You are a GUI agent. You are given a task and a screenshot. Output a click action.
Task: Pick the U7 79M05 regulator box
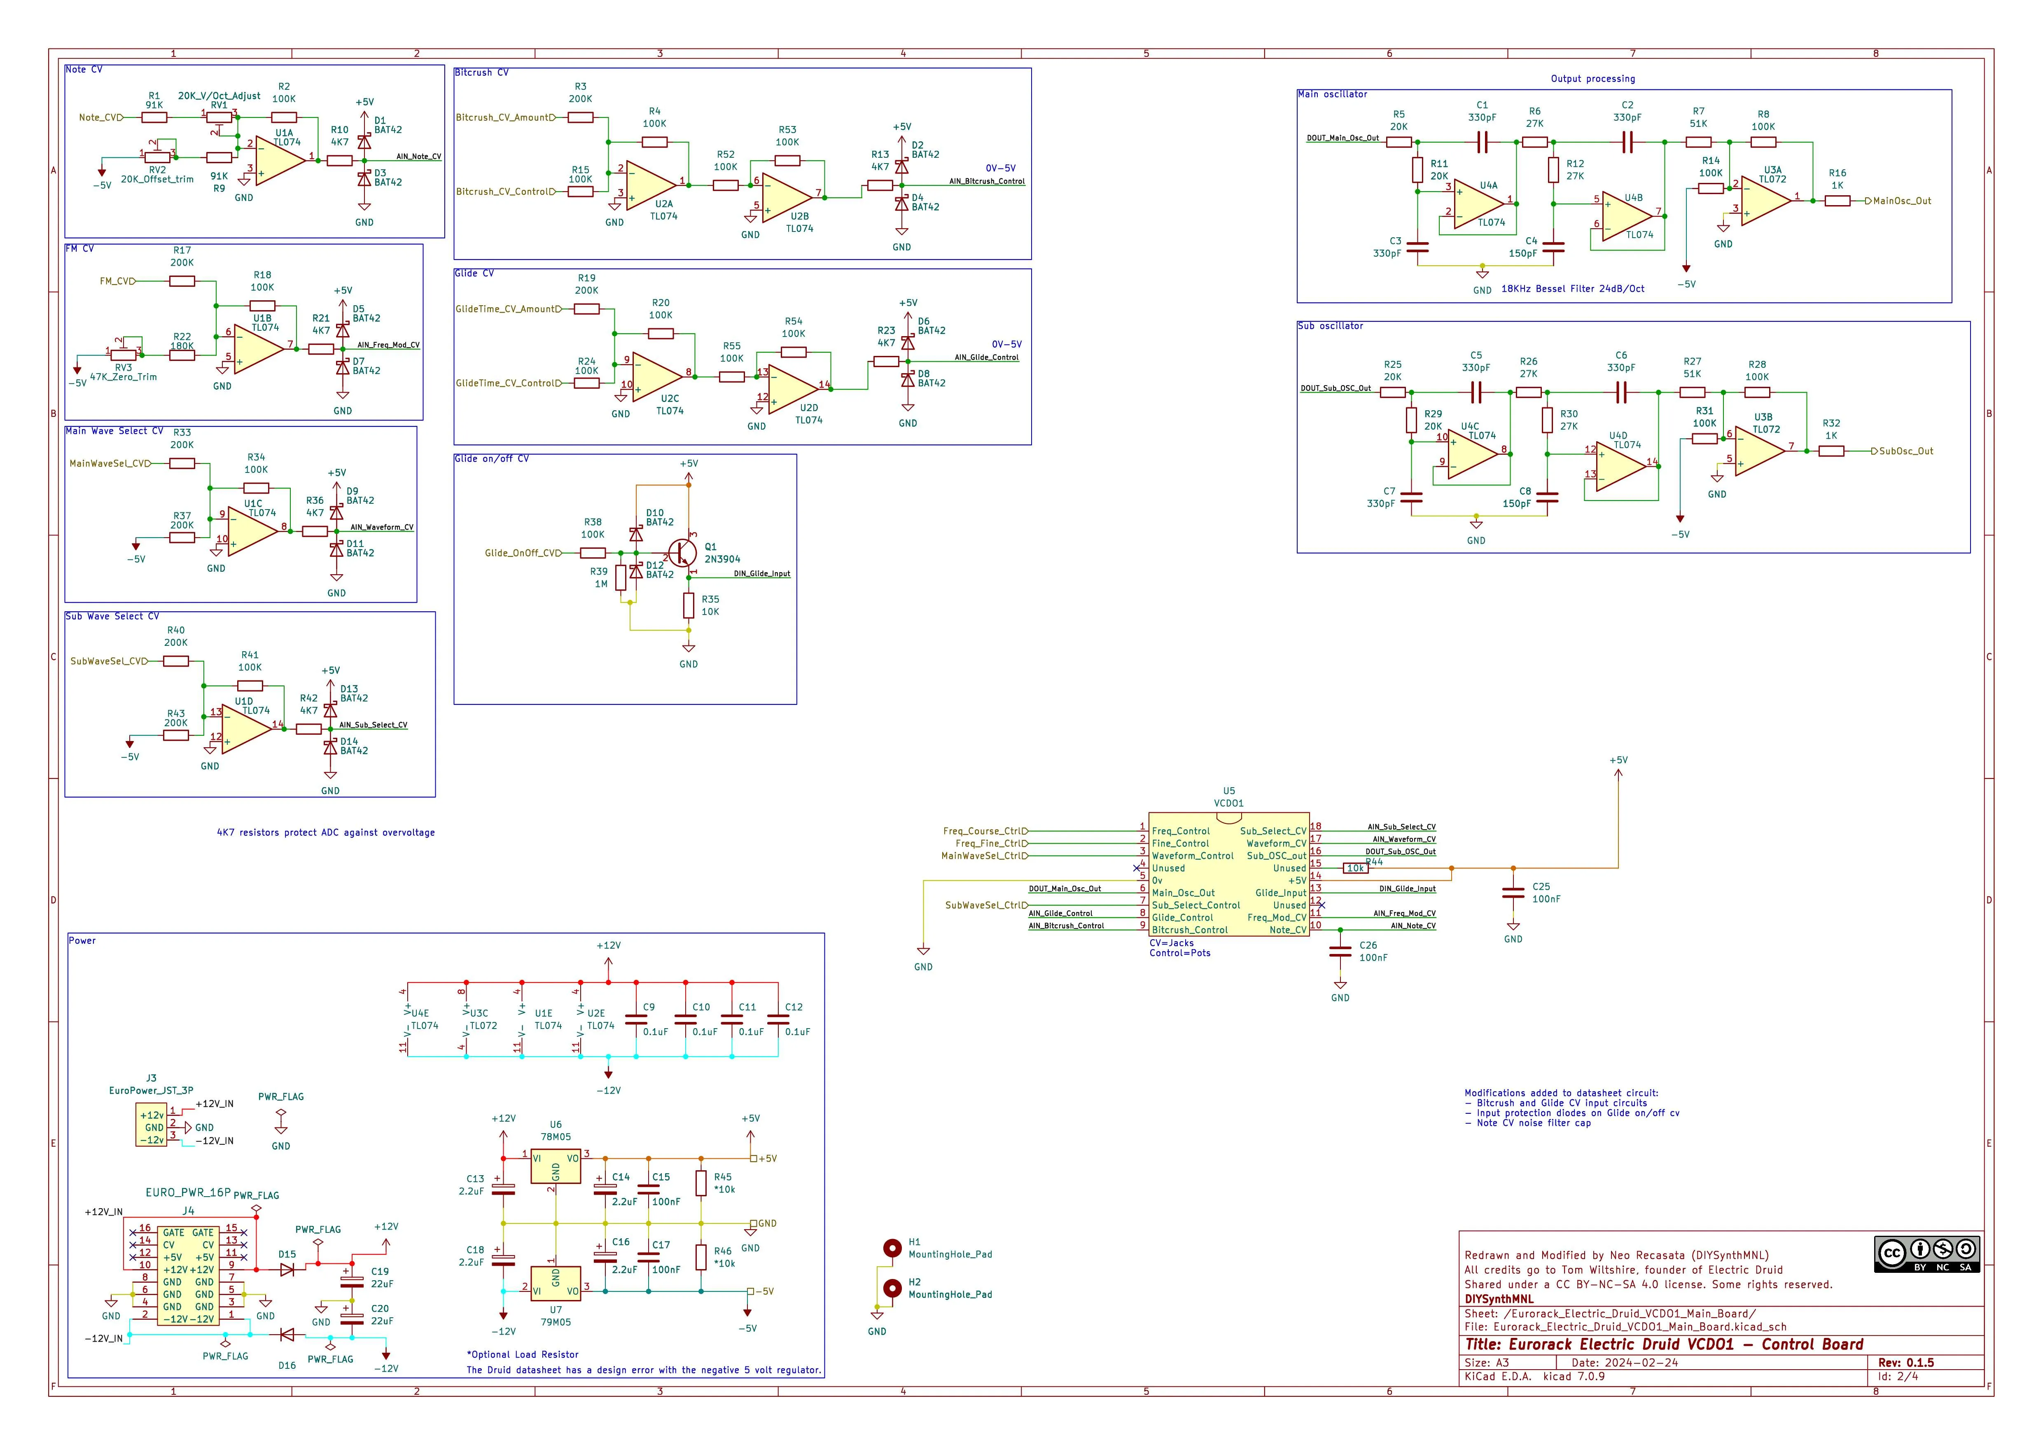click(x=555, y=1284)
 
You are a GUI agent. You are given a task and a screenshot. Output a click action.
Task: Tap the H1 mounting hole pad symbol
click(x=892, y=1249)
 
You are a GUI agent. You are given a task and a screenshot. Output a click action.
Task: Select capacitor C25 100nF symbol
click(x=1513, y=893)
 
